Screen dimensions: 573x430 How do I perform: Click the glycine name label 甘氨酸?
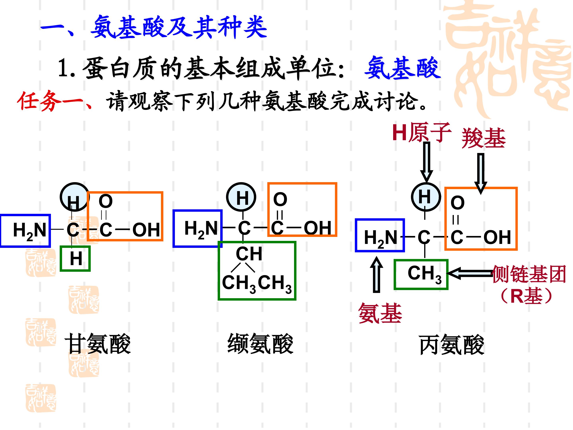(98, 344)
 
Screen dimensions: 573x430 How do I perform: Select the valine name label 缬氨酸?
(260, 344)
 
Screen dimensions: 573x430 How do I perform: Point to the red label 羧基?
(483, 138)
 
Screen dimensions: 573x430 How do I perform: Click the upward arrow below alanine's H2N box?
(376, 275)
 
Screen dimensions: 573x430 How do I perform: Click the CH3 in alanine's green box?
(425, 275)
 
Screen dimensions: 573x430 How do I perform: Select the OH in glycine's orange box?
(146, 230)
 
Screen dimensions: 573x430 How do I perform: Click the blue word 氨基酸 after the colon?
(402, 68)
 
